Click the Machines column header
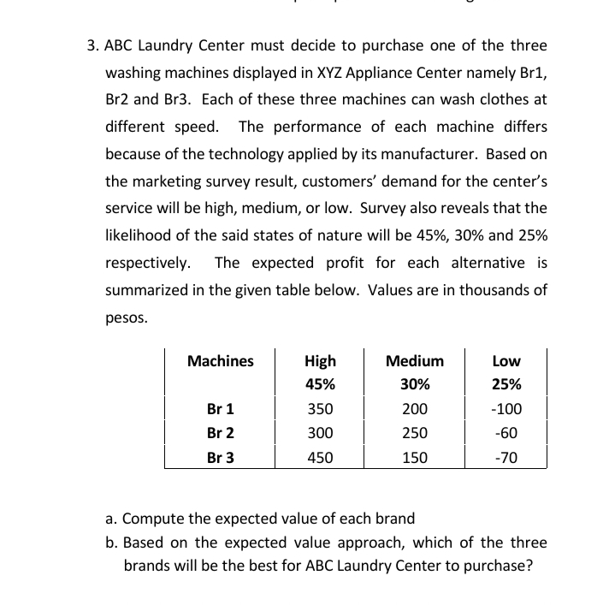[220, 361]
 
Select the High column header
[320, 361]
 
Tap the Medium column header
[415, 361]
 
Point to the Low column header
[506, 361]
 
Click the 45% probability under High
[320, 384]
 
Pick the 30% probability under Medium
[415, 384]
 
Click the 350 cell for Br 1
[320, 409]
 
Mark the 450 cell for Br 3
[320, 457]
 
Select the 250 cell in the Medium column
[415, 433]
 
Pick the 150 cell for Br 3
[415, 457]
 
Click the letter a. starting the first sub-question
[111, 519]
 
